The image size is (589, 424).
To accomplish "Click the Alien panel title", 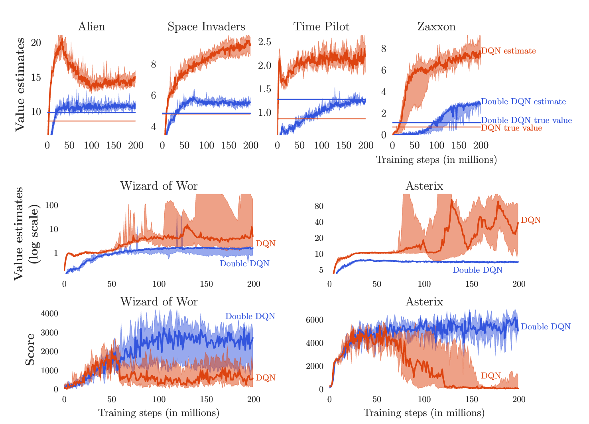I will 92,27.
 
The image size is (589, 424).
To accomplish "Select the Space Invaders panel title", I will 206,27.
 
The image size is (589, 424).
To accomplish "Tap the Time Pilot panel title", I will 321,27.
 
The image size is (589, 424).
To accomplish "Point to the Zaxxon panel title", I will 436,27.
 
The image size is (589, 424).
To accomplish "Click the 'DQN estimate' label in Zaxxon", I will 508,51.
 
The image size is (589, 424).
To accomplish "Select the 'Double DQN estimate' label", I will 524,102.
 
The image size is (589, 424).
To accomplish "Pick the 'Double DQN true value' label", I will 526,120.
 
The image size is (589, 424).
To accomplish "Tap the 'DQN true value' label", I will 512,128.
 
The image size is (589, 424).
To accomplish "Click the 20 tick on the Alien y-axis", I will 36,43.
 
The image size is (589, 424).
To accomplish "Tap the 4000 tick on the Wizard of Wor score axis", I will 50,313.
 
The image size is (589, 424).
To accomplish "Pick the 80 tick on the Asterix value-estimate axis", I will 319,206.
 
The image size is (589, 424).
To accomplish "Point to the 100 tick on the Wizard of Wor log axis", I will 52,206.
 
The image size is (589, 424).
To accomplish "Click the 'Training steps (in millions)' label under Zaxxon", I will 436,160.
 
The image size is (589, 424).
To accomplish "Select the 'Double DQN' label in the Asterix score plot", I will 546,327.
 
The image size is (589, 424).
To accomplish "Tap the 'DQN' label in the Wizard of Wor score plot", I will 266,378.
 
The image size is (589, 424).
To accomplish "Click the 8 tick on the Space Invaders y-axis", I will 154,65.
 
